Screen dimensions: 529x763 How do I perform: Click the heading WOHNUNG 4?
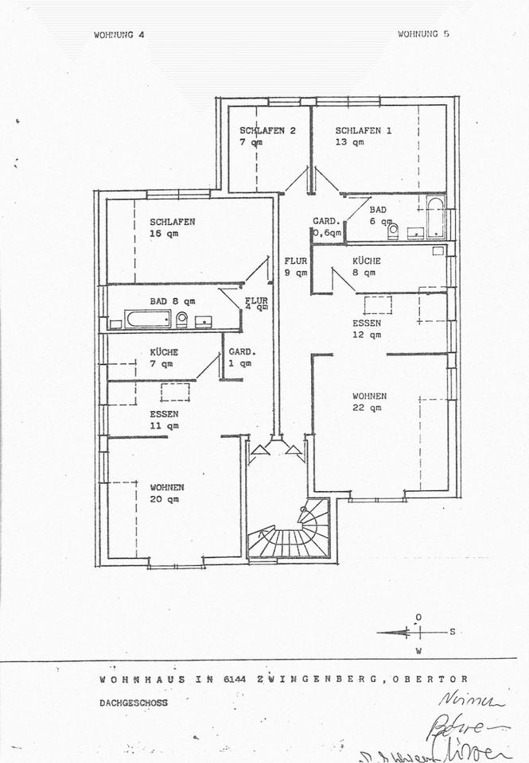[x=119, y=34]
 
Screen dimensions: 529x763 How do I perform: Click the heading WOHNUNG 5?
[x=424, y=34]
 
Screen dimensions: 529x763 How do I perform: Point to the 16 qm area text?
[x=161, y=234]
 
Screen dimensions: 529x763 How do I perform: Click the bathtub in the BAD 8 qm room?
[x=148, y=320]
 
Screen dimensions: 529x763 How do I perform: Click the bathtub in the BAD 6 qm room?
[x=434, y=218]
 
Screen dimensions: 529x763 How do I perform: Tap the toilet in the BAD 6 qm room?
[x=392, y=231]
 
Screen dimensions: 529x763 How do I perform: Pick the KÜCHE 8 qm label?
[x=367, y=266]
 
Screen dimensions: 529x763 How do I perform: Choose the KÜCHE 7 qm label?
[x=164, y=358]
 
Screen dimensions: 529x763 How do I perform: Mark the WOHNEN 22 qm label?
[x=370, y=401]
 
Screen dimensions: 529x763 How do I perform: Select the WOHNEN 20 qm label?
[x=167, y=493]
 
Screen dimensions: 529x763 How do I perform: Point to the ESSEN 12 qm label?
[x=367, y=329]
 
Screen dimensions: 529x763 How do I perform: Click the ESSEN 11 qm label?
[x=164, y=420]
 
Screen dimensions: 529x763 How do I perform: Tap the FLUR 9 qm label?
[x=296, y=266]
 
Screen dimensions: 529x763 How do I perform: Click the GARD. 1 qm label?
[x=239, y=358]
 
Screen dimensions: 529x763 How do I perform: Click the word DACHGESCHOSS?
[x=134, y=703]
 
